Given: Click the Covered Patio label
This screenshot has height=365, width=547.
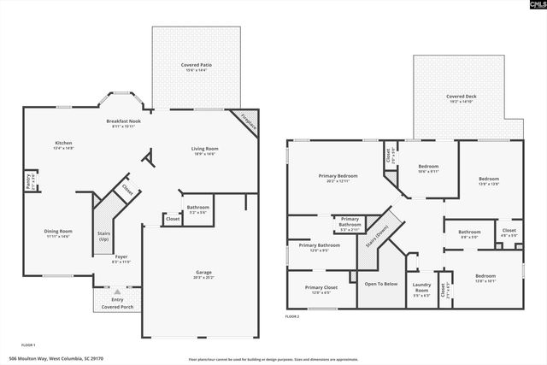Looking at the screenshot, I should tap(195, 67).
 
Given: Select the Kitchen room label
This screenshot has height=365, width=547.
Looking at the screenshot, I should tap(64, 144).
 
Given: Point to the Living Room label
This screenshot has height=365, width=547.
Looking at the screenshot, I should tap(203, 150).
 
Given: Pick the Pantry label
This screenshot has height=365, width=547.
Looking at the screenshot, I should tap(27, 182).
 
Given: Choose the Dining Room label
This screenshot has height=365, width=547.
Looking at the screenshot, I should tap(58, 233).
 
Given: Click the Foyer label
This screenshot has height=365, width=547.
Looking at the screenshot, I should tap(121, 258).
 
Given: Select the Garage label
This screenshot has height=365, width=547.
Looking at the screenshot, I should tap(203, 274).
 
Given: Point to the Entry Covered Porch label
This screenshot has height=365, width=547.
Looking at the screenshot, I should tap(111, 303).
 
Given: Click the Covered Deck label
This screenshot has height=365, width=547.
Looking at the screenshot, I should tap(461, 98).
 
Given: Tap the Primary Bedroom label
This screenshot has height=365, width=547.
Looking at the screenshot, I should tap(338, 177).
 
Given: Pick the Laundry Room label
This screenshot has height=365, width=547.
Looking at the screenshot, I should tap(421, 288).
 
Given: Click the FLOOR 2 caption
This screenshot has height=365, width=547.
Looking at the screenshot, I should tap(292, 317).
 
